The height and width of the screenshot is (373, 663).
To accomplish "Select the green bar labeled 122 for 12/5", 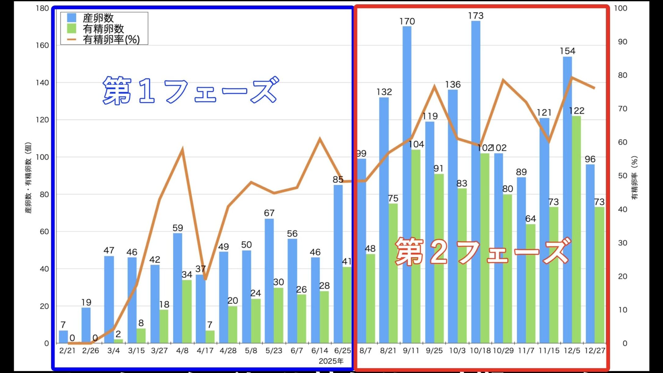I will pyautogui.click(x=576, y=229).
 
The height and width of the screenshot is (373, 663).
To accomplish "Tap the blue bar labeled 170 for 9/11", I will pyautogui.click(x=407, y=183).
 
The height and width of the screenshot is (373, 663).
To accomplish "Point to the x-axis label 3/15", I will pyautogui.click(x=136, y=351).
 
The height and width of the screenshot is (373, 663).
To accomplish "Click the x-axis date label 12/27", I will pyautogui.click(x=595, y=351).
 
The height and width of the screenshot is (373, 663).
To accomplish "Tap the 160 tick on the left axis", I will pyautogui.click(x=42, y=45).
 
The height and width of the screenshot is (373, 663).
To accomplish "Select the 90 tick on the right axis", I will pyautogui.click(x=623, y=42).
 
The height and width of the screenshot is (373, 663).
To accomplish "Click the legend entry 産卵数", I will pyautogui.click(x=98, y=18).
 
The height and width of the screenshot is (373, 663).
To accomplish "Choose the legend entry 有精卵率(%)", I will pyautogui.click(x=111, y=39).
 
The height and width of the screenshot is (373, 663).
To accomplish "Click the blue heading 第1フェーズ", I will pyautogui.click(x=190, y=90).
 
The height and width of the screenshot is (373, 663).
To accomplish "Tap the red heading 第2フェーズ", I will pyautogui.click(x=483, y=251).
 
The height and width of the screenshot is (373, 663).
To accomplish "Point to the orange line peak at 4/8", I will pyautogui.click(x=182, y=150).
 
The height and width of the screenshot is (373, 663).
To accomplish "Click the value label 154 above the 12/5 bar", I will pyautogui.click(x=567, y=51).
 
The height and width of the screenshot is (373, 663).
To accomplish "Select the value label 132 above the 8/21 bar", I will pyautogui.click(x=384, y=92).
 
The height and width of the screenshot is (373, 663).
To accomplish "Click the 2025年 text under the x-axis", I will pyautogui.click(x=331, y=361).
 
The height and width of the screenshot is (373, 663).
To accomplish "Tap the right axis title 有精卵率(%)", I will pyautogui.click(x=635, y=178).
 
